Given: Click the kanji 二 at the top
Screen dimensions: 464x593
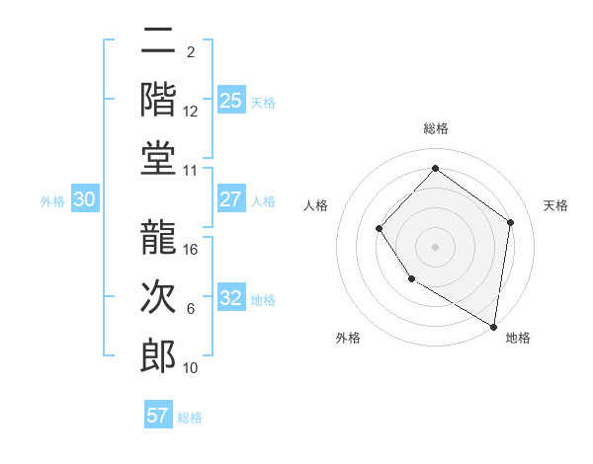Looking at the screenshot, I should (158, 41).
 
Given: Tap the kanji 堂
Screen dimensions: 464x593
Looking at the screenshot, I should (158, 158).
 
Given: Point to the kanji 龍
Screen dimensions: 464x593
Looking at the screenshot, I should (158, 238).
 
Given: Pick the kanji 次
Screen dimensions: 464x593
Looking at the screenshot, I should (158, 297).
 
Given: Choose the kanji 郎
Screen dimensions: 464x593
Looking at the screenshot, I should (158, 356).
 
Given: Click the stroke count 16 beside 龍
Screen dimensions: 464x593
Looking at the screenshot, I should (192, 249).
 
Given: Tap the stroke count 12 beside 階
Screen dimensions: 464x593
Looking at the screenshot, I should (191, 111).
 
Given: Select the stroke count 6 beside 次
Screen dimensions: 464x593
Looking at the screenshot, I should (191, 309).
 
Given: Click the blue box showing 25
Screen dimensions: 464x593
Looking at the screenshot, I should (230, 100).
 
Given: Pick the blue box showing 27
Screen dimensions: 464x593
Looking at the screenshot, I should (230, 199).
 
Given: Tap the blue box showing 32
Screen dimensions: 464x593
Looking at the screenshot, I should (230, 298).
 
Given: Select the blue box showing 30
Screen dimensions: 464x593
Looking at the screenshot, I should (84, 199).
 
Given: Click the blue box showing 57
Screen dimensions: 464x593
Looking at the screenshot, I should (158, 416).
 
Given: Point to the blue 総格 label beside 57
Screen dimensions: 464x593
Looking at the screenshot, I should (190, 418).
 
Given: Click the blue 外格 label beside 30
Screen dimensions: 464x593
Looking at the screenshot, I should (52, 201).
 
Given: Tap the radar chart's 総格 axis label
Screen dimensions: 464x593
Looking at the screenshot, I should (435, 128).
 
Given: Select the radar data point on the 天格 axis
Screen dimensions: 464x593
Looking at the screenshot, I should (511, 222).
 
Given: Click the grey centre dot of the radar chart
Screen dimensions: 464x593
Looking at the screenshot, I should (435, 247).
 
